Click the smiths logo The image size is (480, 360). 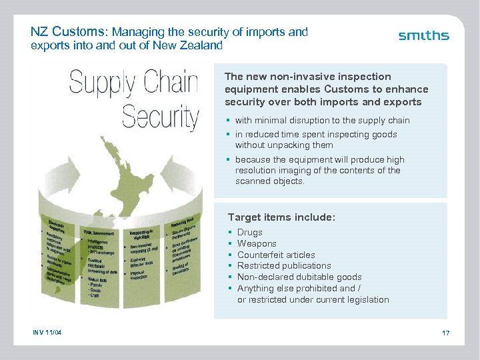(423, 36)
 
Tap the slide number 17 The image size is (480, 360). (445, 333)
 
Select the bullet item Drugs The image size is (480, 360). (250, 233)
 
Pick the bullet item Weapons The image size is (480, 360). (257, 244)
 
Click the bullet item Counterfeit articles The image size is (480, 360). (276, 255)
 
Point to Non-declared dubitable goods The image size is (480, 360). (299, 277)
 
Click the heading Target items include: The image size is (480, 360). (281, 217)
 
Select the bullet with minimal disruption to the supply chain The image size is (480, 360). (322, 121)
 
